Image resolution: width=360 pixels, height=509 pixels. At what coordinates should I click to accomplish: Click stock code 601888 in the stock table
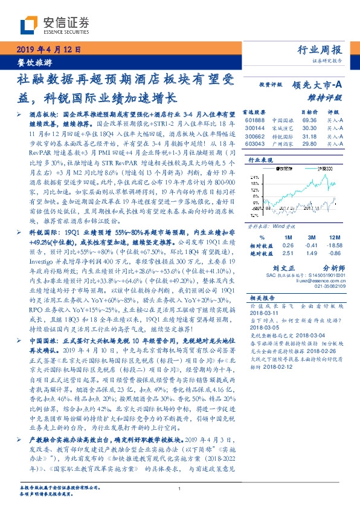click(256, 121)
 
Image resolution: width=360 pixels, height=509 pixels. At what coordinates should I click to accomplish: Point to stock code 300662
click(256, 136)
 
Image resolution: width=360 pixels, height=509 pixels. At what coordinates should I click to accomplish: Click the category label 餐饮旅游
click(33, 62)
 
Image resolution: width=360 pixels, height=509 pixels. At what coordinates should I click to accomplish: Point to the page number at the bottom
click(179, 488)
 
